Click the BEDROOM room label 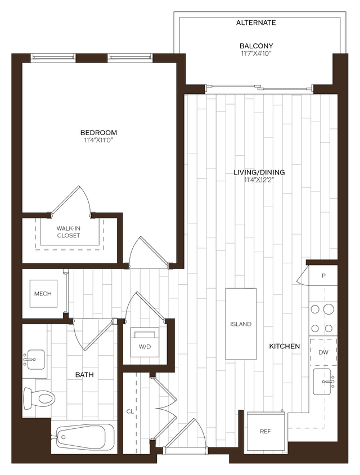98,133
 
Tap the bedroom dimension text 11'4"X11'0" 98,141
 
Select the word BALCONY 256,46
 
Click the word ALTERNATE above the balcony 256,23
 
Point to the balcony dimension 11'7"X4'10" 256,54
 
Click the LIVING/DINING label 259,172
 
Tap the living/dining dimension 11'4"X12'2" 259,180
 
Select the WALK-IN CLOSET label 68,232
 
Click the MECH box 43,294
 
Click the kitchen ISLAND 241,324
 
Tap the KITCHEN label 284,346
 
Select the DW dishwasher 323,352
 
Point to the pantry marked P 323,276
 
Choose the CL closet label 130,411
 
